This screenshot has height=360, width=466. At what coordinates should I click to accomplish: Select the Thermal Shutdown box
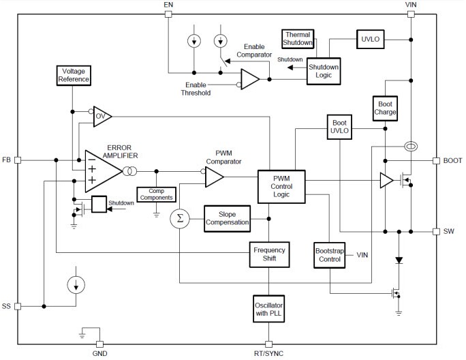298,38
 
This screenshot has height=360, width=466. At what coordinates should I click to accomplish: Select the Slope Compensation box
227,218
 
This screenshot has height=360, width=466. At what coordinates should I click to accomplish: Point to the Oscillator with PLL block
268,307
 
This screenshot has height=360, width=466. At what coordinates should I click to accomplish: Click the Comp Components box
156,194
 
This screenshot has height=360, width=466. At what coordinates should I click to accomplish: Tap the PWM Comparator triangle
213,178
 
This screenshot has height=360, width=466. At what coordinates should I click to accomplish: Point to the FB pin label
7,160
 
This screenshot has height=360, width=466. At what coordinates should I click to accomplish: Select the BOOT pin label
453,161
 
